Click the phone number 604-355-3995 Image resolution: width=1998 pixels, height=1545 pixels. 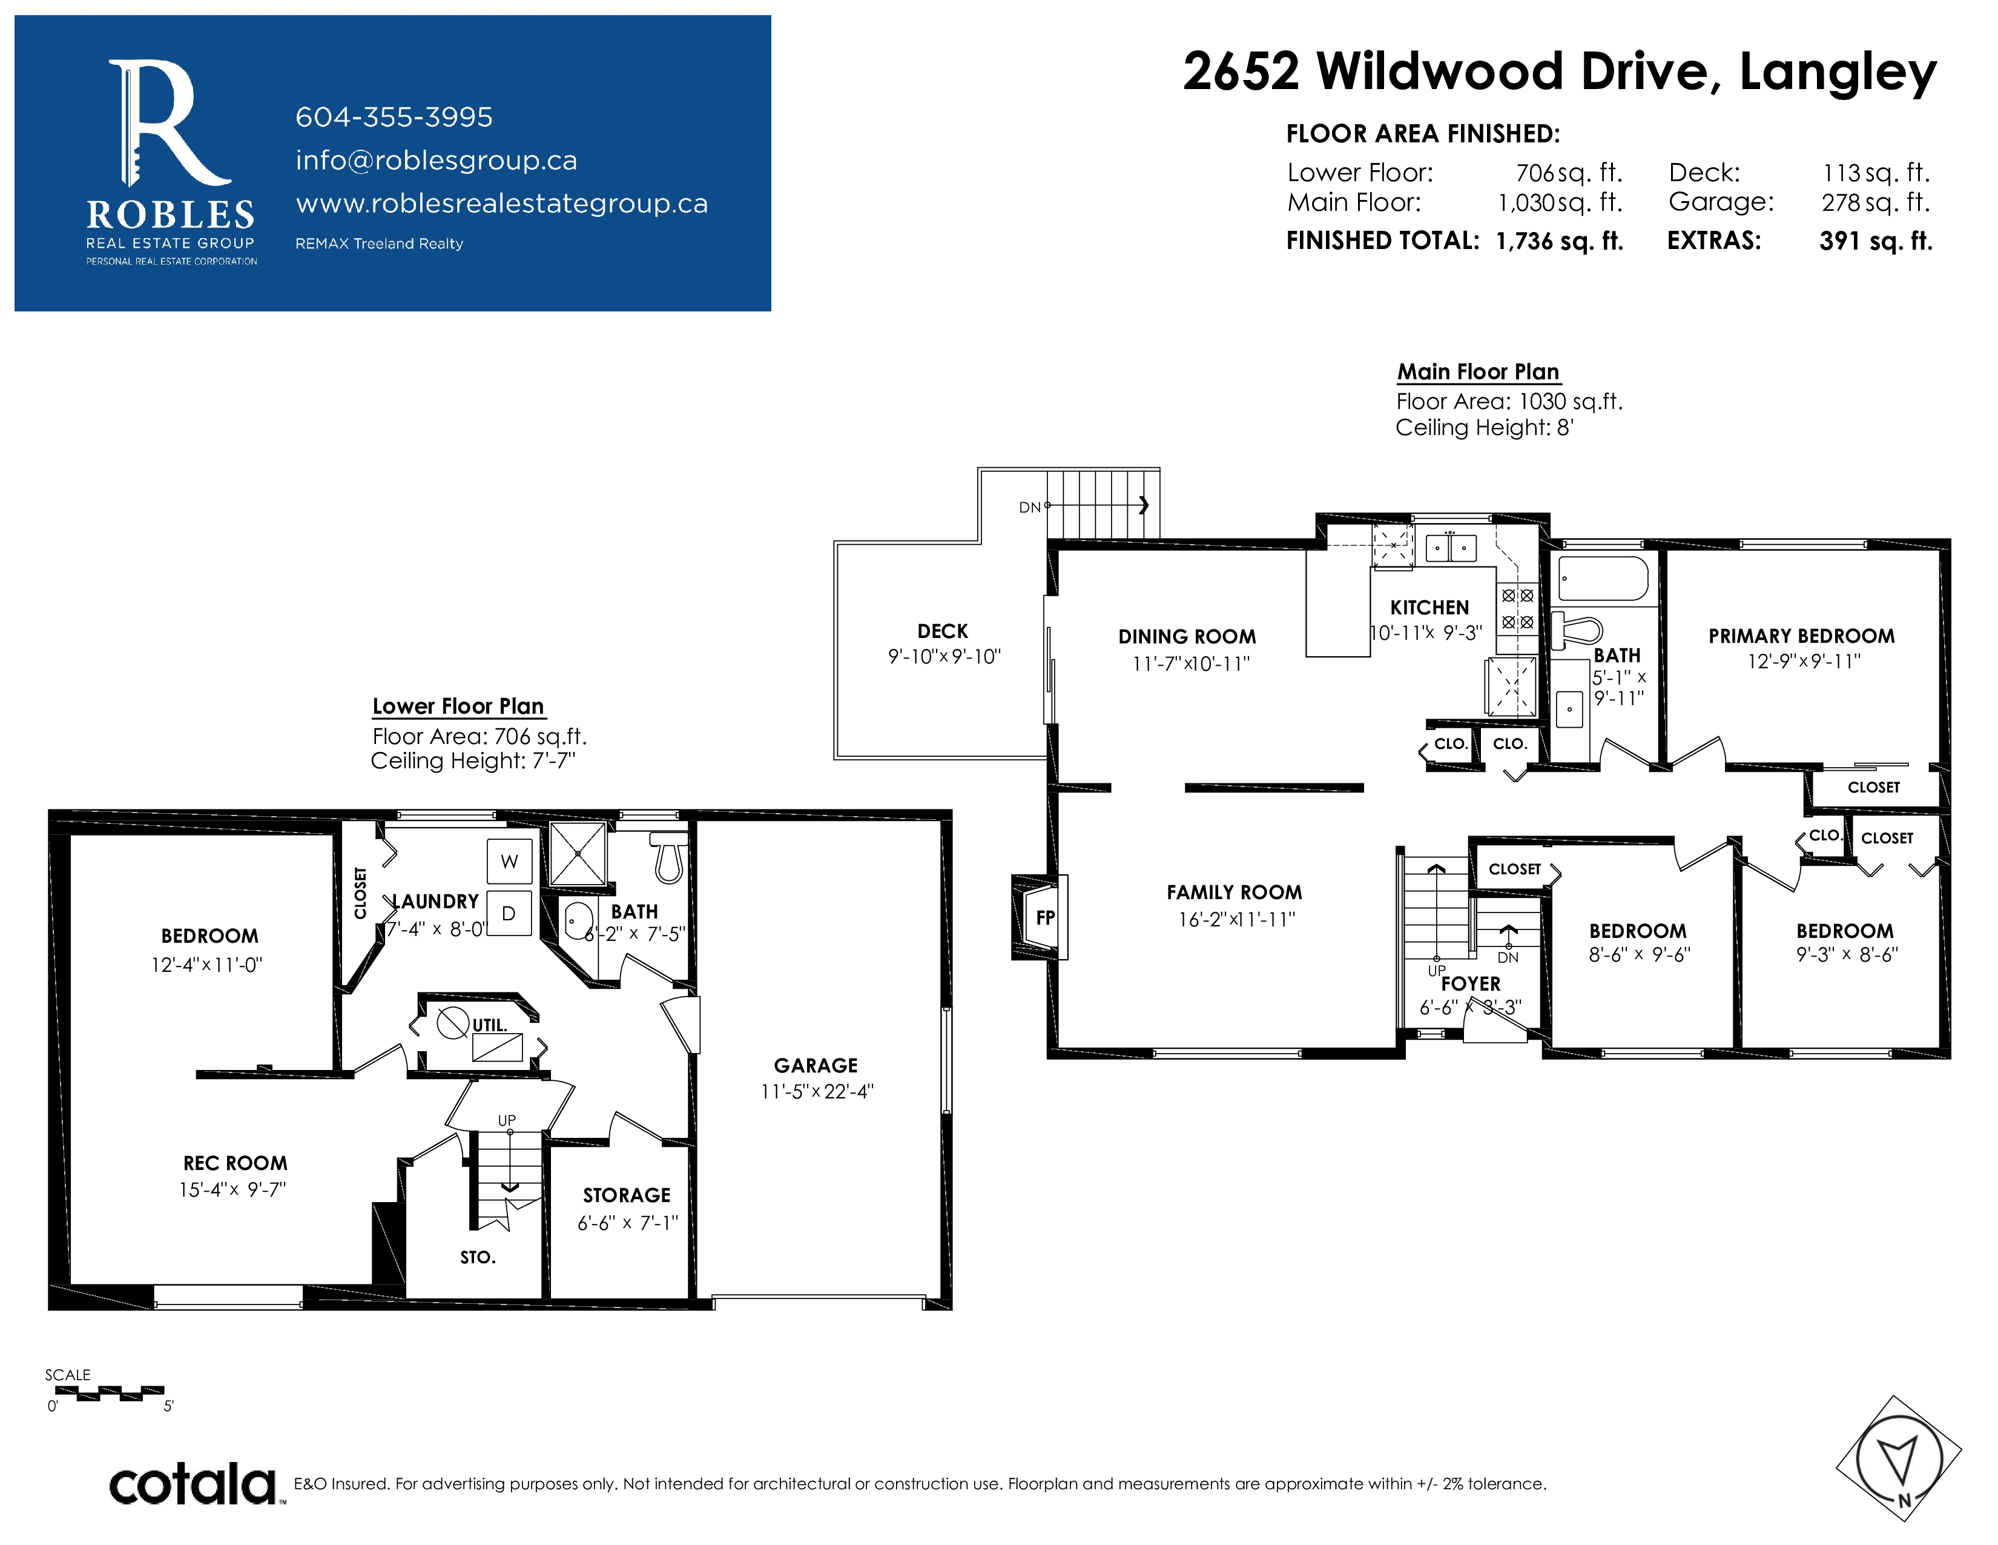tap(394, 117)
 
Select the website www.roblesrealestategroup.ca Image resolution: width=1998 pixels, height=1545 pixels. tap(501, 203)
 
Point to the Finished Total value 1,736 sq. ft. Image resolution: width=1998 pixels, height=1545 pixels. tap(1560, 241)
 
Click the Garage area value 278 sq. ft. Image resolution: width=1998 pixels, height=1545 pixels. tap(1876, 202)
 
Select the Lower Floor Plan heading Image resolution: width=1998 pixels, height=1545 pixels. tap(458, 706)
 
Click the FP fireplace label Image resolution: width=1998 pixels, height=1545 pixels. tap(1045, 917)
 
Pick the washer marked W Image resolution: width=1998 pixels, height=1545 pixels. tap(510, 862)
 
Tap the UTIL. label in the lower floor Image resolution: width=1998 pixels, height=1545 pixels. tap(489, 1025)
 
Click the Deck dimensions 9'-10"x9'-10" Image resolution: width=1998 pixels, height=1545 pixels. tap(944, 656)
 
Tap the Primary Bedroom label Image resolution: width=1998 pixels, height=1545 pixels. tap(1801, 636)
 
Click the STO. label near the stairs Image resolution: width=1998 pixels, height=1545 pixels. tap(478, 1258)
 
